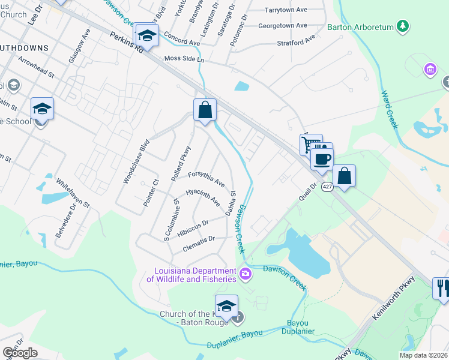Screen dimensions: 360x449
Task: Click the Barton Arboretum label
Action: [360, 27]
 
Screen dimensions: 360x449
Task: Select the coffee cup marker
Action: [322, 159]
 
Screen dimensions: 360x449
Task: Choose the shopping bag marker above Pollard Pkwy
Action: [205, 110]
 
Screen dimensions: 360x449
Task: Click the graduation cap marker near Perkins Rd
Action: [146, 35]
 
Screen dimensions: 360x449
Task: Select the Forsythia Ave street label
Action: [206, 178]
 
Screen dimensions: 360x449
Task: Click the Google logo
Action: [20, 353]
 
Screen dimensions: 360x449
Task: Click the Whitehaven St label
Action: [73, 193]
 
